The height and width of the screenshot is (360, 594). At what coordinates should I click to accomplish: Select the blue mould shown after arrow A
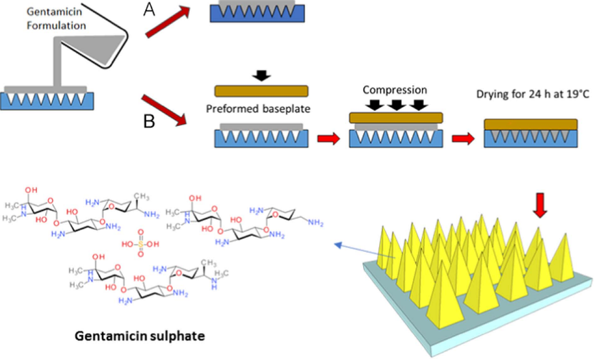point(258,13)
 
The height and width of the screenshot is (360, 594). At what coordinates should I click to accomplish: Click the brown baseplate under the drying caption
point(531,124)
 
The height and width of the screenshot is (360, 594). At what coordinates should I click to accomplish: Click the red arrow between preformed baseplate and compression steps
point(327,137)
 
